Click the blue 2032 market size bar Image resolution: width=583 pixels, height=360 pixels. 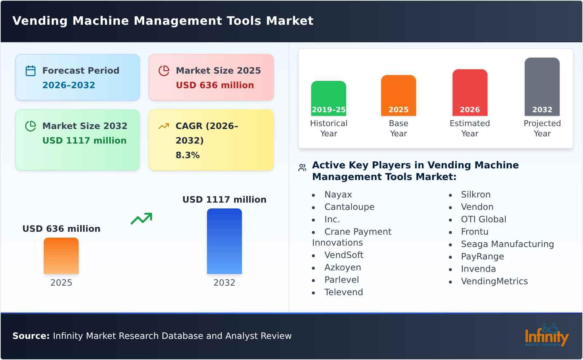coord(224,241)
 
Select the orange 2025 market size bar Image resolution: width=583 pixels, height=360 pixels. coord(61,255)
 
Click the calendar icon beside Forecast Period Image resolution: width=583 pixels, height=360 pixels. coord(31,71)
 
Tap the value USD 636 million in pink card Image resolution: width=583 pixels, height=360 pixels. coord(215,85)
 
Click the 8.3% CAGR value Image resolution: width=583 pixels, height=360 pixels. coord(187,155)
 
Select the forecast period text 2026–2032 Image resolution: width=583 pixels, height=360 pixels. coord(69,85)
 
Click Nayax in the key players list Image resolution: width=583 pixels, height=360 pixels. coord(338,195)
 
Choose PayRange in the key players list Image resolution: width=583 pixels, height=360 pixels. coord(482,257)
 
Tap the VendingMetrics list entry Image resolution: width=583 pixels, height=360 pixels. coord(494,281)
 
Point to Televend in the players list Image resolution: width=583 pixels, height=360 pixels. coord(343,292)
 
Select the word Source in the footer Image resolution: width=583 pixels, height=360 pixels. coord(31,336)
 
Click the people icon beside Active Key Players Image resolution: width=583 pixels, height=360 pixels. coord(302,168)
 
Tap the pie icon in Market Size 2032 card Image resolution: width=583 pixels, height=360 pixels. coord(31,126)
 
